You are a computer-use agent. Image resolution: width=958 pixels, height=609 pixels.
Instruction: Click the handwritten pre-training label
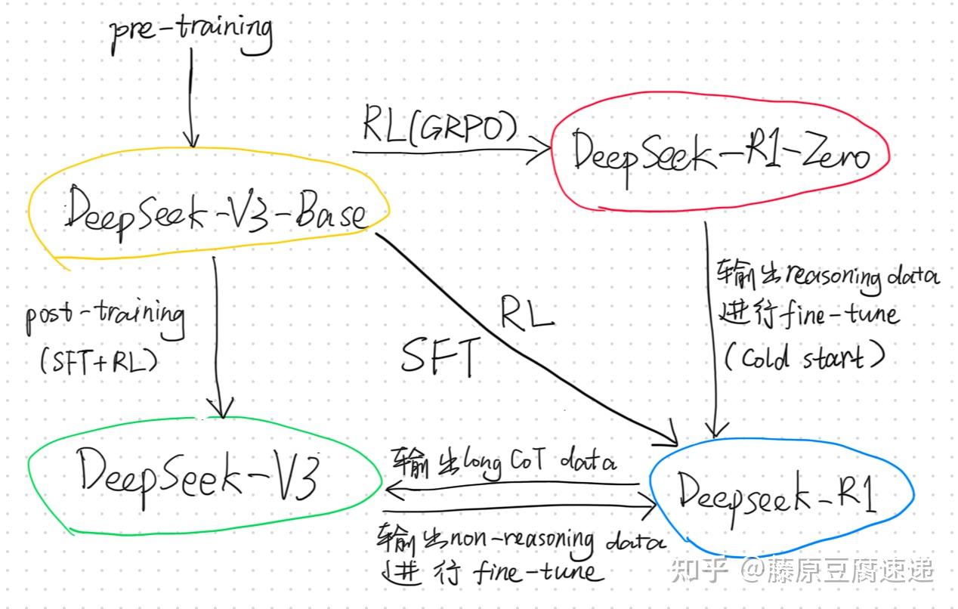[190, 32]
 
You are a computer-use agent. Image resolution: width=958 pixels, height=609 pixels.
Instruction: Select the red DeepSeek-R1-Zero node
[720, 153]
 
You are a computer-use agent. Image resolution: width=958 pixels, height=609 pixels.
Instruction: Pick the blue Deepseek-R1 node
[778, 492]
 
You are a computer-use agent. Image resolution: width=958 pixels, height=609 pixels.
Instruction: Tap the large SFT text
[440, 356]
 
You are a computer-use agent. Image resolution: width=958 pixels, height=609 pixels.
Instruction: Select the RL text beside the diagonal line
[527, 311]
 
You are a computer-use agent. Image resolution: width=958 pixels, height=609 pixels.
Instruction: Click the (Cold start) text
[803, 357]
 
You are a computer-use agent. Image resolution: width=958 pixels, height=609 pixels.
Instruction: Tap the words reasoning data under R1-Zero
[861, 278]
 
